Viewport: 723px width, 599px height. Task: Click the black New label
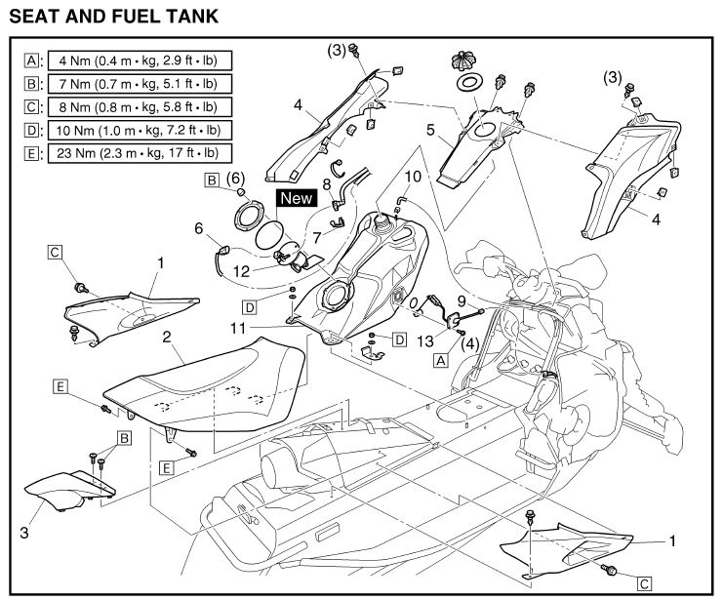point(297,198)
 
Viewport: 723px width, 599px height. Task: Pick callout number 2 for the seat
point(168,337)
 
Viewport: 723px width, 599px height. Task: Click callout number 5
point(429,127)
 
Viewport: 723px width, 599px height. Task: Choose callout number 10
point(413,177)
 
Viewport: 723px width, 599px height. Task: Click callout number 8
point(328,182)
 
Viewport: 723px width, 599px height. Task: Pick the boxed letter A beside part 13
point(440,360)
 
